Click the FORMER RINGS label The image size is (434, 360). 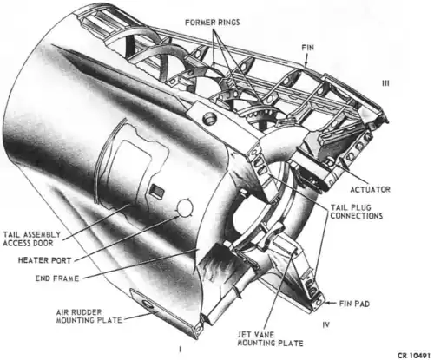click(x=213, y=23)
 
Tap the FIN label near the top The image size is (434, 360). click(x=308, y=48)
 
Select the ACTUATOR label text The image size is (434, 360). click(x=371, y=190)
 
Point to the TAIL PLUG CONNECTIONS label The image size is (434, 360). click(x=357, y=212)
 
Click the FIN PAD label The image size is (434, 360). click(x=354, y=304)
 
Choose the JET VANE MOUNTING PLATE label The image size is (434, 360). click(x=270, y=339)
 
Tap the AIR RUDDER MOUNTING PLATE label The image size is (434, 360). click(x=89, y=317)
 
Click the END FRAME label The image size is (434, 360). click(x=57, y=278)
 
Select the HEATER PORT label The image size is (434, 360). click(x=44, y=260)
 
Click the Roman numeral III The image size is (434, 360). click(x=385, y=83)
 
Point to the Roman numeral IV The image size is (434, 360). click(x=325, y=324)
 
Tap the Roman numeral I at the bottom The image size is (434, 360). click(x=180, y=350)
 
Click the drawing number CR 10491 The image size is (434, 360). click(x=416, y=355)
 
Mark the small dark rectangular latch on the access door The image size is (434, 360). click(x=157, y=191)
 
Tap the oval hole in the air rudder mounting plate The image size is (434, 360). click(x=148, y=304)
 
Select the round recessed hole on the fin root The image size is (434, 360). click(x=209, y=119)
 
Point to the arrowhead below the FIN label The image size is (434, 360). click(x=306, y=63)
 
